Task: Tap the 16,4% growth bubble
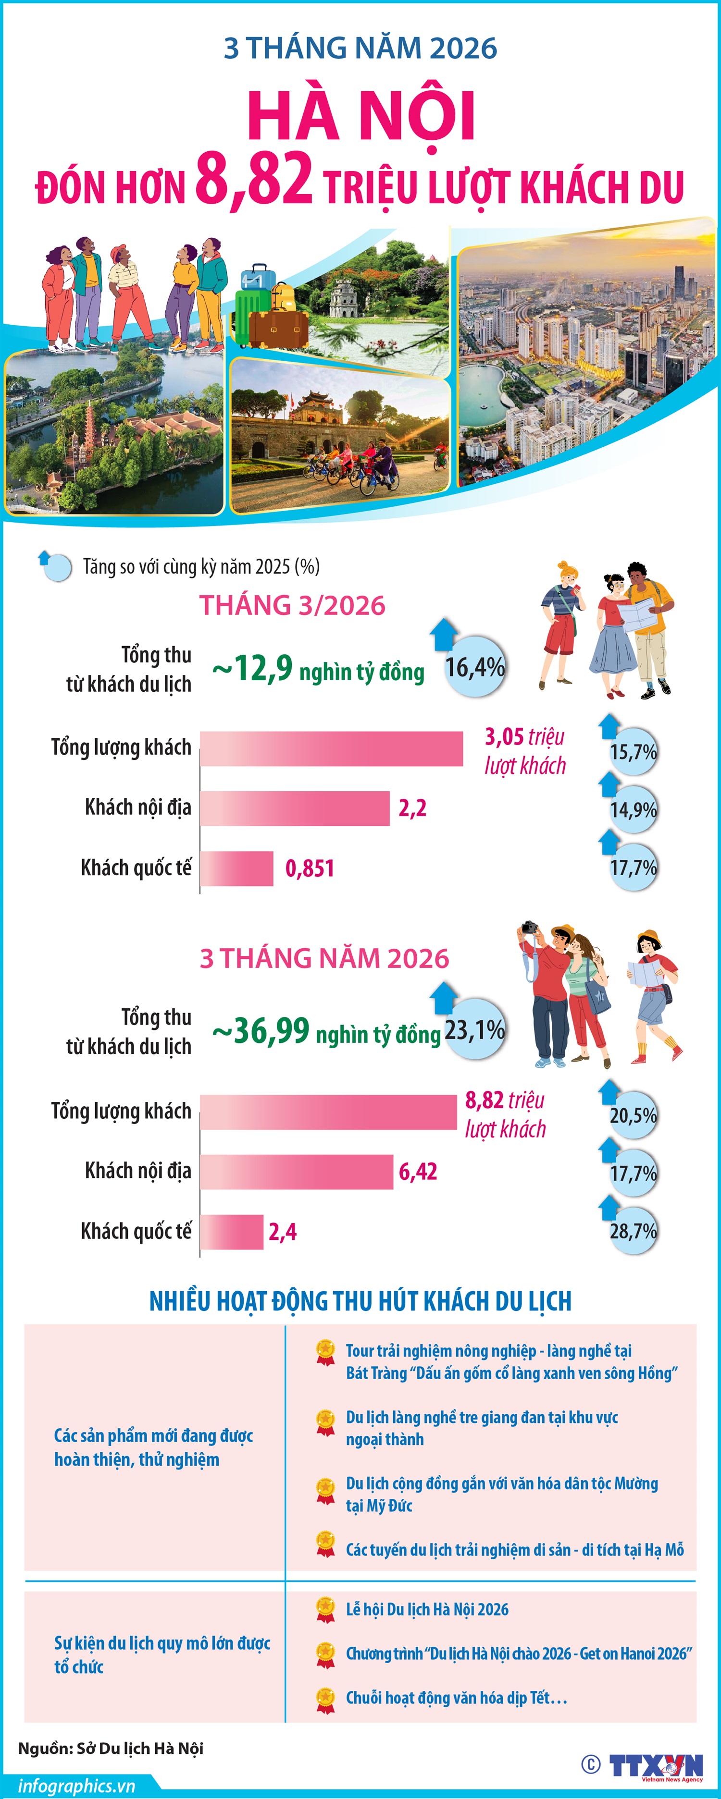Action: click(x=475, y=667)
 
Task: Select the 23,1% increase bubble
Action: click(x=475, y=1029)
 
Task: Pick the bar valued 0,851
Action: click(x=237, y=868)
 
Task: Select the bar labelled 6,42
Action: click(x=297, y=1171)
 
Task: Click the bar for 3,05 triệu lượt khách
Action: click(x=332, y=748)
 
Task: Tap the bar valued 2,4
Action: click(x=232, y=1231)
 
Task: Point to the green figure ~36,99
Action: click(x=261, y=1031)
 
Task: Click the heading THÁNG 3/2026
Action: click(x=292, y=605)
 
